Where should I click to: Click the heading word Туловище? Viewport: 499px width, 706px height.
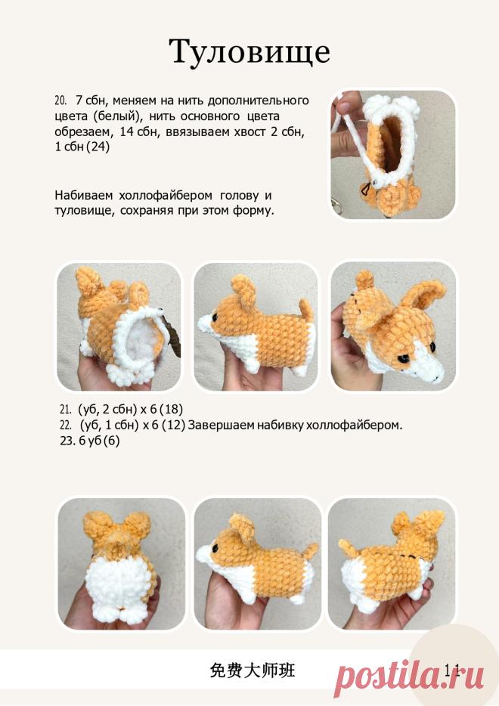click(249, 53)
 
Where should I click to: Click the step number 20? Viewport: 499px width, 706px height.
click(60, 100)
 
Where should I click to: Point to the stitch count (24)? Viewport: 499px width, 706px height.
click(98, 147)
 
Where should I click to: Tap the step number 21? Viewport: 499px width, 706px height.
click(65, 409)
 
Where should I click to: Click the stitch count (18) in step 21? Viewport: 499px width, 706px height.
click(171, 409)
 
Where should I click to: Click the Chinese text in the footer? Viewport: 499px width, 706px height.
click(253, 670)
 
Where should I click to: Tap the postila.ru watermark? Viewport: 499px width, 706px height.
click(410, 674)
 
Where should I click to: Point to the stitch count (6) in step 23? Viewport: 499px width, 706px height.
click(111, 441)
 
